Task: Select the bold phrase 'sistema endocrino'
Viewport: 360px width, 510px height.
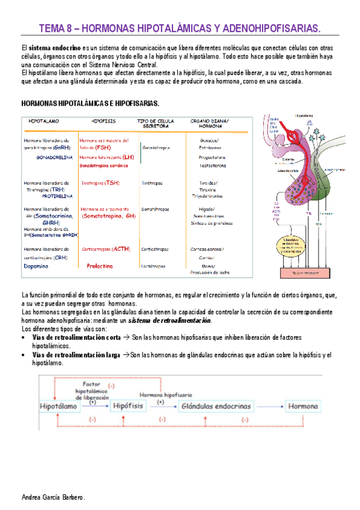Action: pyautogui.click(x=54, y=48)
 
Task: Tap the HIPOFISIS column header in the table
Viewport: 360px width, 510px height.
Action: pyautogui.click(x=103, y=121)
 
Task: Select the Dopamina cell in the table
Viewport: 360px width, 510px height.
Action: pyautogui.click(x=37, y=266)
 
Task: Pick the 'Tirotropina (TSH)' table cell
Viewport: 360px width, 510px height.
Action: pyautogui.click(x=99, y=182)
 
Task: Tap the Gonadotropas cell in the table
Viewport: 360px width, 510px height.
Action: pyautogui.click(x=156, y=147)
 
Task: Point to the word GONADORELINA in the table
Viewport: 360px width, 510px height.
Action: pyautogui.click(x=55, y=157)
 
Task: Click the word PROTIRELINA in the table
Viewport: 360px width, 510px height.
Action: pyautogui.click(x=58, y=195)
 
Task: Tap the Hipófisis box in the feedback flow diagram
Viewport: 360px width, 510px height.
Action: pyautogui.click(x=128, y=407)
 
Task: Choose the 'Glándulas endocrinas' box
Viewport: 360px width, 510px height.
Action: pyautogui.click(x=215, y=407)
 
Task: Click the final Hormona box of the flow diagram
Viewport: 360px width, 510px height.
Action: pyautogui.click(x=303, y=407)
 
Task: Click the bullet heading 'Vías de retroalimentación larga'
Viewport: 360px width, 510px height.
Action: pyautogui.click(x=76, y=355)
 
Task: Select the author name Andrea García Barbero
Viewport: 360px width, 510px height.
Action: pyautogui.click(x=53, y=499)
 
